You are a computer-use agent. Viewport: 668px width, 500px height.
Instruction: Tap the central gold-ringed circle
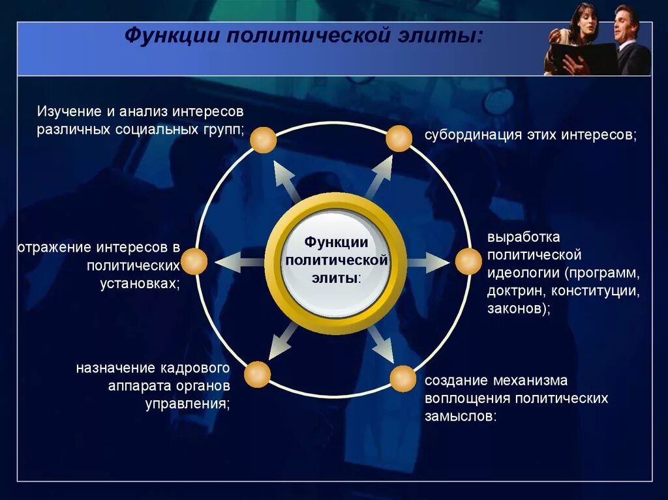(336, 263)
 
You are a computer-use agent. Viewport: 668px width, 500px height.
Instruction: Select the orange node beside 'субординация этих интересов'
(399, 139)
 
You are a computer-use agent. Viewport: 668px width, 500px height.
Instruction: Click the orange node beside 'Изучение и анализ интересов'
(264, 140)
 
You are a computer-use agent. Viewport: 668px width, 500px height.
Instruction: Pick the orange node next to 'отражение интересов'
(194, 261)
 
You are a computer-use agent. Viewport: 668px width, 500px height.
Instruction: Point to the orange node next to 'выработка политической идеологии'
(468, 261)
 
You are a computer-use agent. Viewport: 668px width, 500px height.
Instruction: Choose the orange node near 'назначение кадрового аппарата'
(257, 375)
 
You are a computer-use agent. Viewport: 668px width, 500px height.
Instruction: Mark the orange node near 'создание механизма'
(402, 379)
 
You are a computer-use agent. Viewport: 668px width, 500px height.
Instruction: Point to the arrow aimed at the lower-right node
(380, 344)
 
